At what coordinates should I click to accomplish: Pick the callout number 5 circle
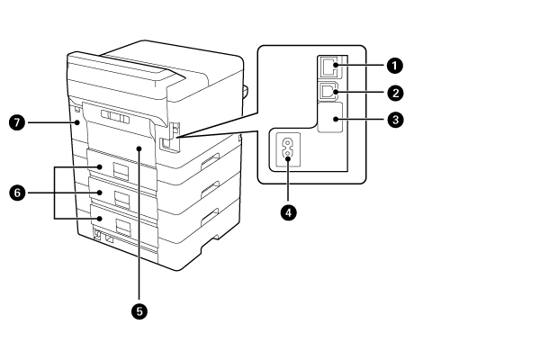click(139, 310)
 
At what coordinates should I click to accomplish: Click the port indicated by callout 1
click(328, 66)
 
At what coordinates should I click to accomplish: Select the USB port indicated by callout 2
click(328, 91)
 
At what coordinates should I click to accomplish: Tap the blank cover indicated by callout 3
click(330, 119)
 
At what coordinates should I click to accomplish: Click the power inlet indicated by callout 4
click(289, 149)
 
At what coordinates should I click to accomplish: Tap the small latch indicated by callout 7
click(76, 116)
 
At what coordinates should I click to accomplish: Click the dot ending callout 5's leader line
click(139, 149)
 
